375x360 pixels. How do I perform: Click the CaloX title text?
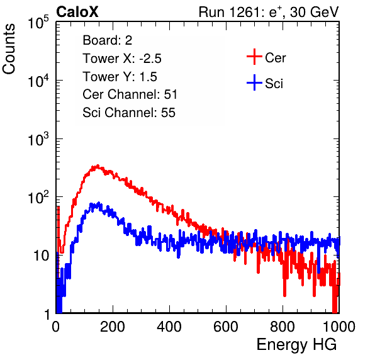click(77, 12)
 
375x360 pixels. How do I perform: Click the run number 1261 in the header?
click(243, 12)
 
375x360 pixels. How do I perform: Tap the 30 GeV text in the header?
click(314, 12)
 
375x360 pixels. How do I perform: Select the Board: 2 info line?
click(108, 40)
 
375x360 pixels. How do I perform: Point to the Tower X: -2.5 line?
click(122, 59)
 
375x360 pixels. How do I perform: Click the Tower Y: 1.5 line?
click(120, 77)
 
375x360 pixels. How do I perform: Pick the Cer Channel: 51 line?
click(130, 94)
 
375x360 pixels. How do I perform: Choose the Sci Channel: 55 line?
click(129, 113)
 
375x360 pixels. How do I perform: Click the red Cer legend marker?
click(254, 57)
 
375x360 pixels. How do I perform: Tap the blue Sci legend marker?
click(254, 82)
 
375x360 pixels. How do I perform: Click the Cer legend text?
click(275, 58)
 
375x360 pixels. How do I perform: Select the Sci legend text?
click(274, 84)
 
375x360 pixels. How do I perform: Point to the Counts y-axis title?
click(9, 49)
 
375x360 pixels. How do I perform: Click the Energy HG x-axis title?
click(296, 345)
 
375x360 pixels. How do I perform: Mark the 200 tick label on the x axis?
click(113, 327)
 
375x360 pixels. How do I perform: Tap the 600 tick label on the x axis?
click(226, 327)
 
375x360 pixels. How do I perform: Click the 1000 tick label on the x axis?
click(339, 327)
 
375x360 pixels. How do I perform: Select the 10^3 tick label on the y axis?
click(38, 139)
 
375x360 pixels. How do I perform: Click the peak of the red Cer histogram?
click(98, 166)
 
